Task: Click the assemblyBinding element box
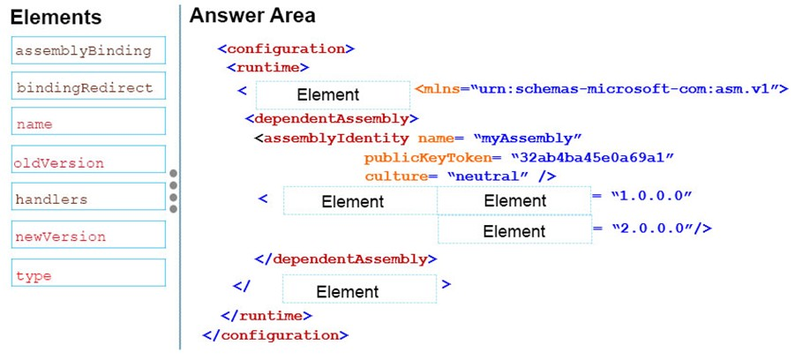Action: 89,50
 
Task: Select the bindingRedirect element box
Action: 89,86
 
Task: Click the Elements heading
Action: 56,19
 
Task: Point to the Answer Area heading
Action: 252,16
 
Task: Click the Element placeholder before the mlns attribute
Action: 333,94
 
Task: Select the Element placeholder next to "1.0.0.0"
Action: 514,201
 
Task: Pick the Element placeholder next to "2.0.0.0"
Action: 514,229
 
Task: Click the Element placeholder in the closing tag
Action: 359,289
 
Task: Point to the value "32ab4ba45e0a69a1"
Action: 591,157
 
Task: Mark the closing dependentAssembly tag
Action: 345,259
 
